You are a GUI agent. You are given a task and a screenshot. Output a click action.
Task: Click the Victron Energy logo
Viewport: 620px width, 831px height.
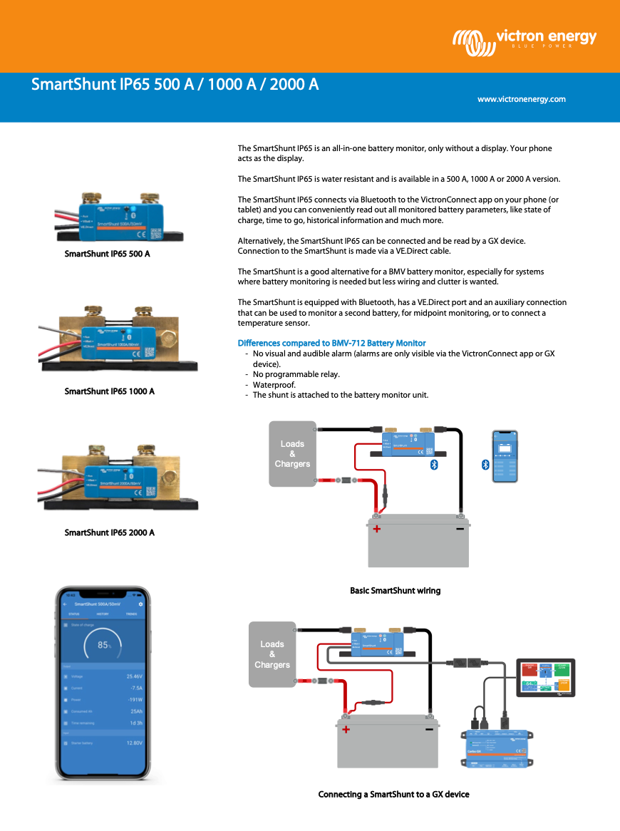pos(525,40)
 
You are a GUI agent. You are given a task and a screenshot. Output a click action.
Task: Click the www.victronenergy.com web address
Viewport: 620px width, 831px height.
pos(521,99)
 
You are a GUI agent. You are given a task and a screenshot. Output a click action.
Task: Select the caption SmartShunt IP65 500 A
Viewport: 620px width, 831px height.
pos(107,254)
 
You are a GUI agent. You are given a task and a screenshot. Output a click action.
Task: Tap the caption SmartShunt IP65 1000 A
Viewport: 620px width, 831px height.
pos(109,391)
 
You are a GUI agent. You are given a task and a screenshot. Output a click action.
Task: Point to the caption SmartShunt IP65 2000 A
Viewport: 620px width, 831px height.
pos(109,532)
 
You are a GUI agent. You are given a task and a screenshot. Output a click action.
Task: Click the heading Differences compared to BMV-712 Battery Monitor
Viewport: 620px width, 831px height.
pos(331,344)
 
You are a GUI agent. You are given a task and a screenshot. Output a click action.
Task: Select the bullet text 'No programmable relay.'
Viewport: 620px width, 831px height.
pos(296,374)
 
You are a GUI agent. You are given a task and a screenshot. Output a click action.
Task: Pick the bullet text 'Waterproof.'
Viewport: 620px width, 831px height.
pos(274,385)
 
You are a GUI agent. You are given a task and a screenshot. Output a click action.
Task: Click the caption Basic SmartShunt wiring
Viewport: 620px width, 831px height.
pos(395,591)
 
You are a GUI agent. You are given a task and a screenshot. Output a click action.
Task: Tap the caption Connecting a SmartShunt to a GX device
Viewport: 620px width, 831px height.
pos(393,794)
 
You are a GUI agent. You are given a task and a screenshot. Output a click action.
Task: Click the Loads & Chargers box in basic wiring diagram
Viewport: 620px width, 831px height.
pos(292,454)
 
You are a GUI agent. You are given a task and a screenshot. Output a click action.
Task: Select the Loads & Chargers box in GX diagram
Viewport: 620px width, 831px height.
pos(272,654)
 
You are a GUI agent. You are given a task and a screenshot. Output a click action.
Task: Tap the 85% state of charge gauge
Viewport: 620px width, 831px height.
pos(104,645)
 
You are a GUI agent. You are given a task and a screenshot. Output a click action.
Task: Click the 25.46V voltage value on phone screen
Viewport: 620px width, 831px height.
pos(134,676)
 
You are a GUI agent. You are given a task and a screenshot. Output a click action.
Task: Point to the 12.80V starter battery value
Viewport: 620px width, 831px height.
pos(134,743)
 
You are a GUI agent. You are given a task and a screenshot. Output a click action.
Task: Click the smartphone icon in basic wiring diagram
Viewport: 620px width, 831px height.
pos(505,457)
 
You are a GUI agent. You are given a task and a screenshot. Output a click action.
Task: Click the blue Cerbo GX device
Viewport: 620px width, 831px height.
pos(498,748)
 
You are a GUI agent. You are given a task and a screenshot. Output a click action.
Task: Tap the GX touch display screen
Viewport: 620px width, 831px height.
pos(545,677)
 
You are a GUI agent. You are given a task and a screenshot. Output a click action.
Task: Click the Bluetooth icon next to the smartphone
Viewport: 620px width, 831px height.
pos(485,464)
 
